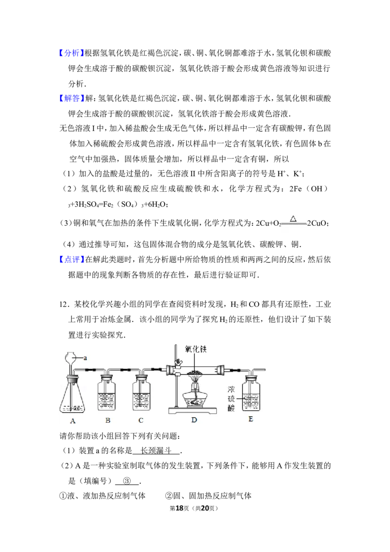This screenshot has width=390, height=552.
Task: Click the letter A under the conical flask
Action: point(73,420)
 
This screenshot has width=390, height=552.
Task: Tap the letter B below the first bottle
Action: point(108,420)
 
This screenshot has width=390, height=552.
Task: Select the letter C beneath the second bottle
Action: point(141,420)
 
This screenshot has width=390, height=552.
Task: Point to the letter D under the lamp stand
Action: point(194,420)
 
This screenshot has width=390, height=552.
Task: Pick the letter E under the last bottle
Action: point(251,418)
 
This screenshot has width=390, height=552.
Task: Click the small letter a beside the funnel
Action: point(85,358)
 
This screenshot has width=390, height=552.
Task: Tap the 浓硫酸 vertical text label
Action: point(231,399)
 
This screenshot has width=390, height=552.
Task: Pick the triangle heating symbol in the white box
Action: point(293,219)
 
